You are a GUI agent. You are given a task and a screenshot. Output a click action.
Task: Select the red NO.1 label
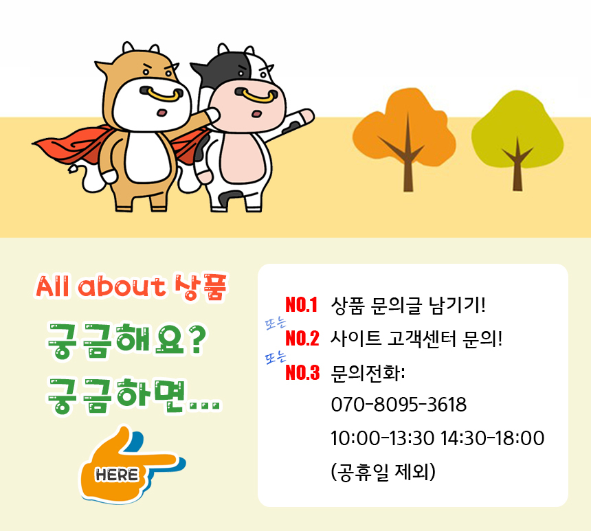click(x=302, y=304)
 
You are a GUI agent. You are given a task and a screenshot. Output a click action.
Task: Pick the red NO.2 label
click(x=302, y=338)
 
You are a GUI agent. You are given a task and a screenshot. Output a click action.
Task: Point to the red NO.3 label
click(x=302, y=373)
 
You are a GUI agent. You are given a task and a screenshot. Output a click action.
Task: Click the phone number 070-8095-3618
click(x=399, y=405)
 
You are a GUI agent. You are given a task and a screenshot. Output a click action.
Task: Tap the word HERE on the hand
click(x=117, y=475)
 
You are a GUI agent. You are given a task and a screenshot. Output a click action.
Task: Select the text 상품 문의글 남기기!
click(x=408, y=304)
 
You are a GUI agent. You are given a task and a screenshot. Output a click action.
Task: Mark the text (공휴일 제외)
click(x=383, y=472)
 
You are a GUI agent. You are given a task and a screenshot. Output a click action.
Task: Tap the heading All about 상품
click(x=131, y=286)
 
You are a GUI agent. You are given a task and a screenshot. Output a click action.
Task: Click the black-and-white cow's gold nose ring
click(x=260, y=95)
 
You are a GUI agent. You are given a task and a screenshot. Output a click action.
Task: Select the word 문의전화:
click(x=368, y=373)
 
